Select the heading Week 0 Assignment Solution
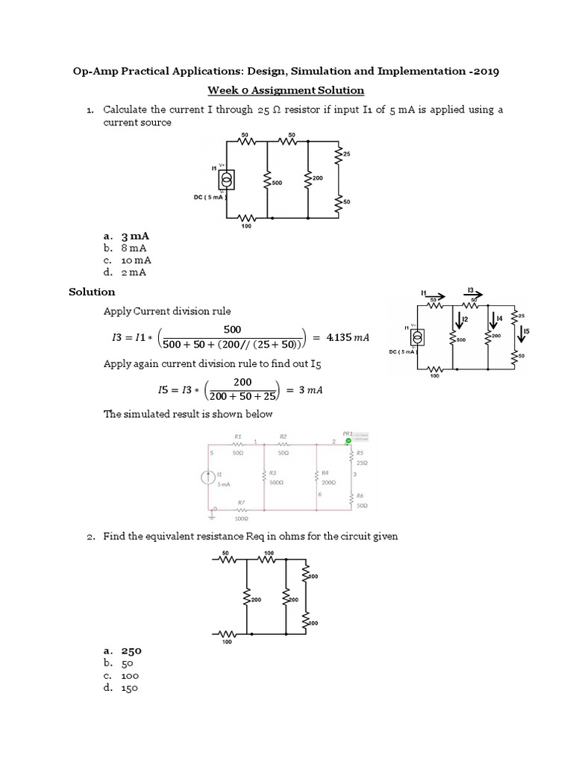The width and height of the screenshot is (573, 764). (x=286, y=90)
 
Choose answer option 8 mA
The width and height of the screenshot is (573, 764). (x=134, y=248)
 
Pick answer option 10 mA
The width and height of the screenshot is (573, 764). (x=137, y=260)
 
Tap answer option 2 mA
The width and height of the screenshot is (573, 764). (x=134, y=273)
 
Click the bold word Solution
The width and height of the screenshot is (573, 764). (x=92, y=292)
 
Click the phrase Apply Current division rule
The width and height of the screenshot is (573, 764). (x=167, y=310)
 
